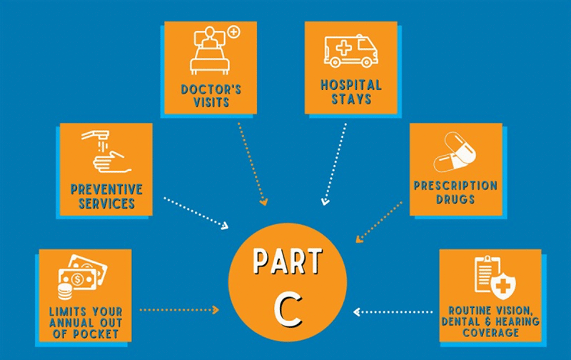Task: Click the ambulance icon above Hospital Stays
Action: (350, 51)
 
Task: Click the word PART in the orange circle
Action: (288, 262)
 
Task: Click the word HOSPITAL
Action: (350, 85)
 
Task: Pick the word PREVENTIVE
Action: (106, 189)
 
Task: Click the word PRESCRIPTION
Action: (455, 186)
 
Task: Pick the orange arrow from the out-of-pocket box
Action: (178, 310)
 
